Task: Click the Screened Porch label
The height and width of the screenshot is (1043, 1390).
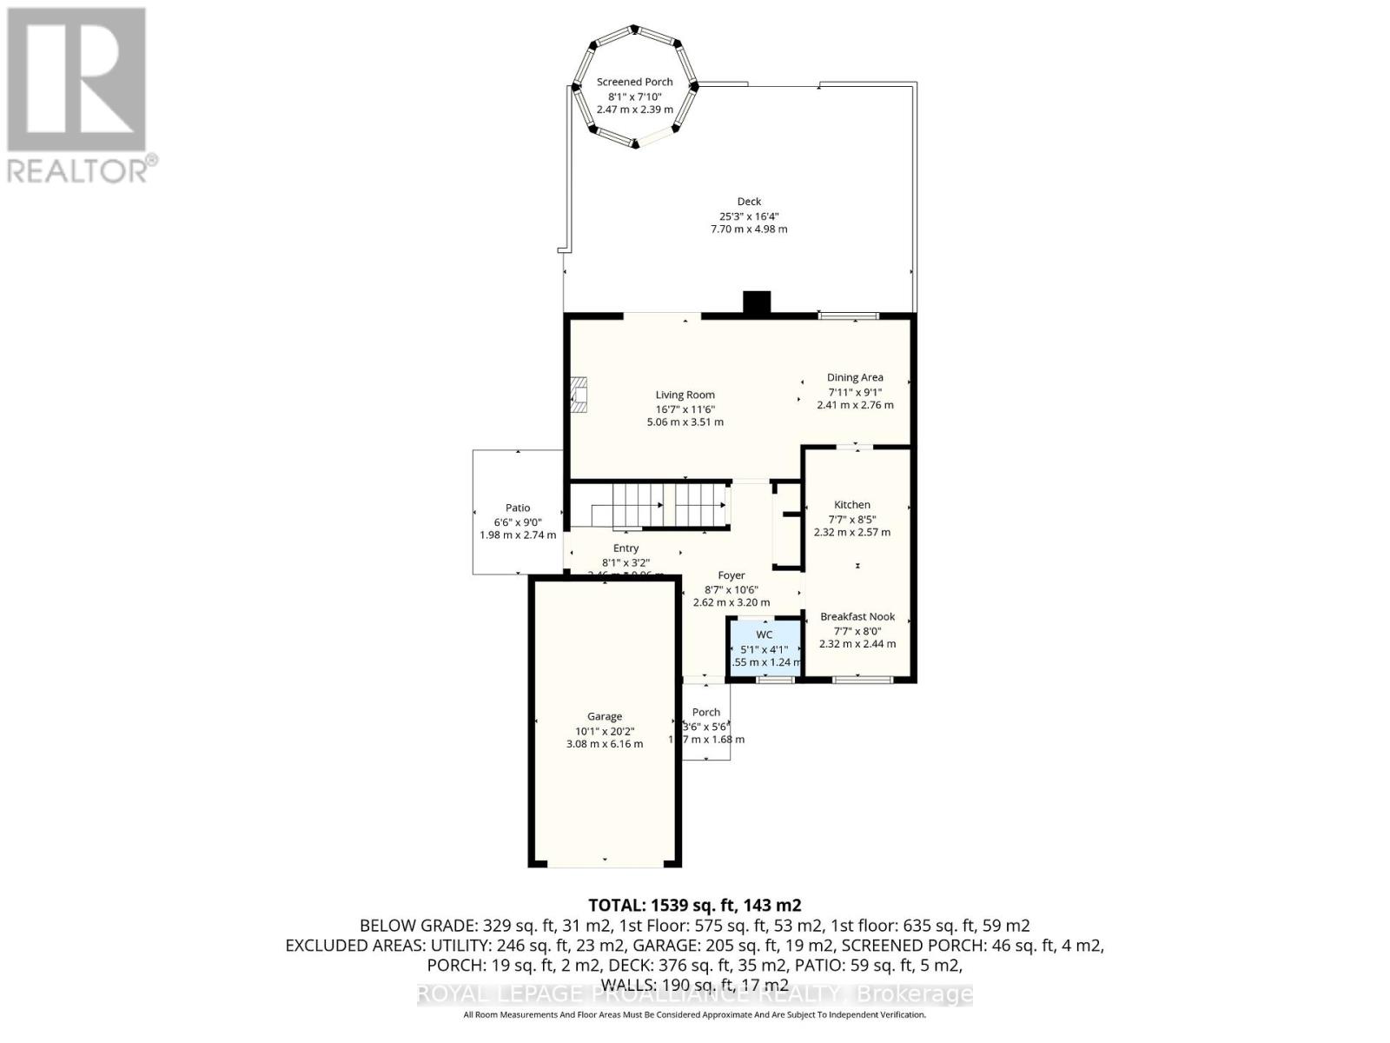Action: point(634,82)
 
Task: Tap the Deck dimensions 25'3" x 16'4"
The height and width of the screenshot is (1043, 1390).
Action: point(749,216)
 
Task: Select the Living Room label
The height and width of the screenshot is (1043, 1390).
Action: point(685,395)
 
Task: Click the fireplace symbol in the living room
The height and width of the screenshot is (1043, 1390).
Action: point(579,394)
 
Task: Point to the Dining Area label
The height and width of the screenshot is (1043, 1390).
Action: point(855,377)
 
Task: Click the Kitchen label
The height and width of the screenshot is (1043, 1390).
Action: point(851,504)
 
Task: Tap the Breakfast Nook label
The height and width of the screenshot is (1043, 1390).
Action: point(857,616)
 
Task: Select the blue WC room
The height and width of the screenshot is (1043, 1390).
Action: point(764,648)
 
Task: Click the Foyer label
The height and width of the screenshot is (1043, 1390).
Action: point(731,575)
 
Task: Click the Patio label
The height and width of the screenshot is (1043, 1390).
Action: point(518,508)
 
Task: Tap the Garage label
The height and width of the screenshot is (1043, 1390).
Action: point(605,716)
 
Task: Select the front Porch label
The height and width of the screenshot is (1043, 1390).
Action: point(706,712)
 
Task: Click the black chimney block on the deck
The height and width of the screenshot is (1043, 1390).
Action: point(757,302)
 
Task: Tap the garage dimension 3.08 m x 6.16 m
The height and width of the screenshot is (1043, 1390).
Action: point(605,744)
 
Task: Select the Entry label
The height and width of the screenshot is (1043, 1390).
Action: point(625,548)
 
